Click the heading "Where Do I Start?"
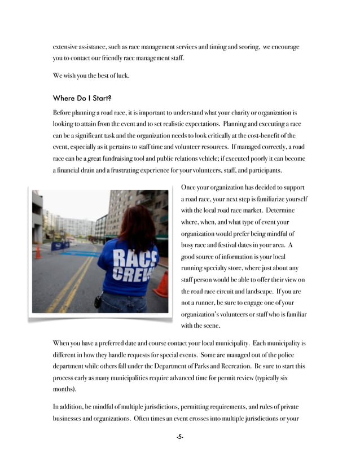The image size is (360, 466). (x=86, y=98)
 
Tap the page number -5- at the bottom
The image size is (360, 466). (x=179, y=437)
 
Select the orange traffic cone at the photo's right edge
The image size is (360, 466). (x=162, y=284)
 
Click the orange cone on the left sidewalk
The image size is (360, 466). (x=38, y=252)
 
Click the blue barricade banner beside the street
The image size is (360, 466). (x=60, y=245)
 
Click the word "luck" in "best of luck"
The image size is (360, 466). (x=121, y=76)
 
